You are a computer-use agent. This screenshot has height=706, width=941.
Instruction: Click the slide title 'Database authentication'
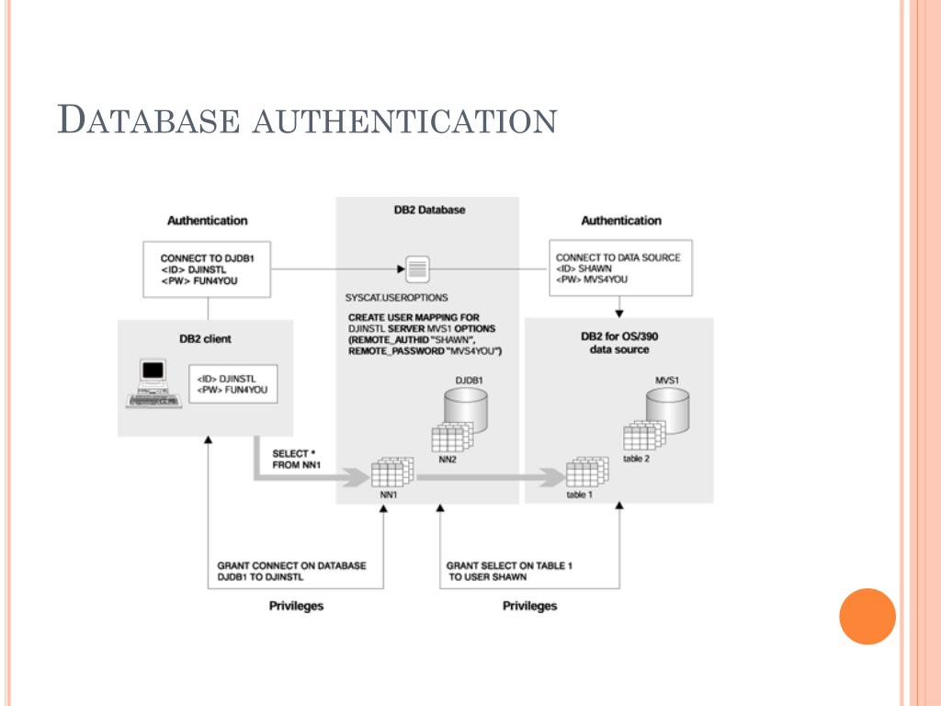tap(307, 120)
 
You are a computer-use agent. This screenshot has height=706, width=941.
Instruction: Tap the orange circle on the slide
tap(867, 616)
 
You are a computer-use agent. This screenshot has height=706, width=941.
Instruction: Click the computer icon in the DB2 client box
tap(150, 384)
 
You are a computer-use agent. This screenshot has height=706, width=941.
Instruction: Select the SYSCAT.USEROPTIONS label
tap(396, 299)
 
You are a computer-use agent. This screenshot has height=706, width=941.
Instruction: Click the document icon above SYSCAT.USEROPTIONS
tap(418, 269)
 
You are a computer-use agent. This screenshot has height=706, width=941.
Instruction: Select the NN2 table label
tap(448, 460)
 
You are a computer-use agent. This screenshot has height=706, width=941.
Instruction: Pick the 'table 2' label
tap(636, 459)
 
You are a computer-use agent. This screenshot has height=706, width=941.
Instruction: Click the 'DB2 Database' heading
tap(429, 210)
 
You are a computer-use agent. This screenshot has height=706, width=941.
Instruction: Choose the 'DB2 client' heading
tap(205, 339)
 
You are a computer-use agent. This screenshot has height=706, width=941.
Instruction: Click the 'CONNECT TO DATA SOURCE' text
tap(618, 257)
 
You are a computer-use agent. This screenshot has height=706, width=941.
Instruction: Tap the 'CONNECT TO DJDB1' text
tap(207, 259)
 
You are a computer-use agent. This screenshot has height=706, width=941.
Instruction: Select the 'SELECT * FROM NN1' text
tap(297, 460)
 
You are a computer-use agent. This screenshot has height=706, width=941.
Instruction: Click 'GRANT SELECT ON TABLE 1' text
tap(508, 565)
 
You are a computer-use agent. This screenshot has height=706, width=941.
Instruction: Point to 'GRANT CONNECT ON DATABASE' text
tap(291, 565)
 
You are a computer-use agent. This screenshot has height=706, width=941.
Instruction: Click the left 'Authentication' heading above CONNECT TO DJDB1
tap(207, 221)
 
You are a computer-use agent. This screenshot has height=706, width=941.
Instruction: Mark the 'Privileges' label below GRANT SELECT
tap(529, 606)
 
